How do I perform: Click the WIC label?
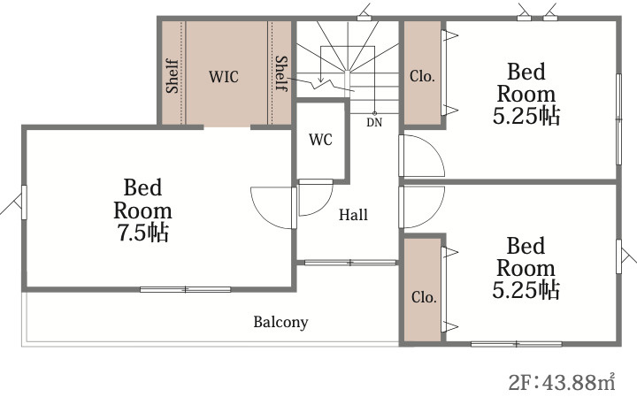tap(224, 76)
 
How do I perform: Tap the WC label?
tap(320, 140)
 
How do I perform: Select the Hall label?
tap(353, 215)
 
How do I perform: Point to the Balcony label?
tap(280, 322)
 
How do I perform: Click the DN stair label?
tap(374, 122)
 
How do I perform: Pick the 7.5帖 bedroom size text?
tap(143, 233)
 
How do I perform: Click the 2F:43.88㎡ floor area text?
tap(562, 382)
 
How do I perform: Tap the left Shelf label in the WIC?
tap(173, 76)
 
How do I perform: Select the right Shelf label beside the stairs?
tap(281, 73)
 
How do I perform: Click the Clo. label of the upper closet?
tap(423, 76)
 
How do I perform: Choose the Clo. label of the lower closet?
tap(424, 297)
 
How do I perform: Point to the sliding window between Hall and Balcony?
tap(350, 263)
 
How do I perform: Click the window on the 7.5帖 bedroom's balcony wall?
tap(185, 290)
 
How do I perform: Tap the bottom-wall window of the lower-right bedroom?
tap(517, 344)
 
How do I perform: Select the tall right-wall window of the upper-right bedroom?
tap(618, 119)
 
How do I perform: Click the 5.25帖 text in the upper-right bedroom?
tap(526, 116)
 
